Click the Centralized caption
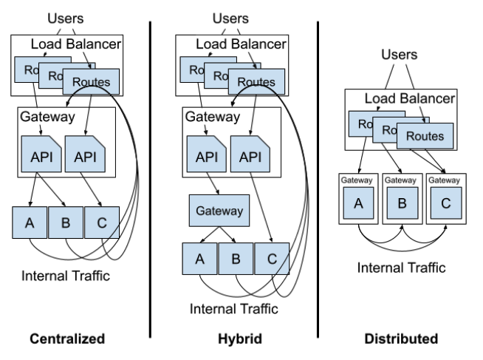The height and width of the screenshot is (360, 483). [67, 339]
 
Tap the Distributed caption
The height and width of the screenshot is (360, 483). [402, 339]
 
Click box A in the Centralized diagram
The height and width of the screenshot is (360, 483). [30, 222]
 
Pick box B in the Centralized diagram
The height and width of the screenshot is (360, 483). [66, 222]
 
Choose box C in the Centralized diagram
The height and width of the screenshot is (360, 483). [100, 222]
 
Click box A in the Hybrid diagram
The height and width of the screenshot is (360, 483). [200, 259]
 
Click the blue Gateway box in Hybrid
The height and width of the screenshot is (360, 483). [219, 211]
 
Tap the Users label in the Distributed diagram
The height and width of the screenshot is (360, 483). [400, 54]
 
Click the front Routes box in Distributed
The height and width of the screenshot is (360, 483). [425, 136]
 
